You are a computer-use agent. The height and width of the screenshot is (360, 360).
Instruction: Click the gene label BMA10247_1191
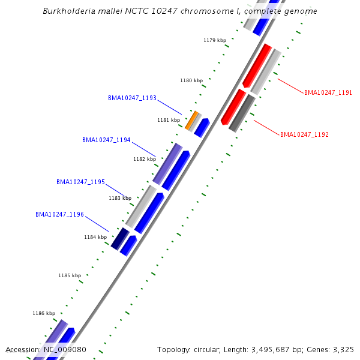pos(328,92)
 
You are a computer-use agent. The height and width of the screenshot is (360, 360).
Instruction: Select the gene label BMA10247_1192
pos(304,134)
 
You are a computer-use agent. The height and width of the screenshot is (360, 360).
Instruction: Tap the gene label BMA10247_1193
pos(132,98)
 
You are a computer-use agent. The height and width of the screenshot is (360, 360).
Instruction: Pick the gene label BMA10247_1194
pos(106,140)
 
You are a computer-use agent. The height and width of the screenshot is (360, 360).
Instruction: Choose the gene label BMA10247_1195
pos(80,182)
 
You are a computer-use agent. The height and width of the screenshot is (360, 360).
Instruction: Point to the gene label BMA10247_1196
pos(59,214)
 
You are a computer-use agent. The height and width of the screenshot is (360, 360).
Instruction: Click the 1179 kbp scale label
pos(215,40)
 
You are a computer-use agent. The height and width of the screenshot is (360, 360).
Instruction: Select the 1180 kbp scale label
pos(191,80)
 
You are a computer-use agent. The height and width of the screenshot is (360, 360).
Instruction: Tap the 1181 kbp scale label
pos(169,120)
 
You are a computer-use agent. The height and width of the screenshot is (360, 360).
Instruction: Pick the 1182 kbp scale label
pos(144,159)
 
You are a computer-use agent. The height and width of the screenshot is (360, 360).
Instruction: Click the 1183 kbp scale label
pos(120,198)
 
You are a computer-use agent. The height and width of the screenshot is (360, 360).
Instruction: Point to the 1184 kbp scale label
pos(95,237)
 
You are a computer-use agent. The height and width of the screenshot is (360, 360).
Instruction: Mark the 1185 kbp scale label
pos(70,275)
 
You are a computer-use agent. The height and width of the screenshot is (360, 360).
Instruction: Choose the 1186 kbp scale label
pos(44,313)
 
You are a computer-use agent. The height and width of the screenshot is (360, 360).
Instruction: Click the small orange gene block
pos(191,119)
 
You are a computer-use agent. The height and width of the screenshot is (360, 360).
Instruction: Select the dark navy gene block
pos(120,238)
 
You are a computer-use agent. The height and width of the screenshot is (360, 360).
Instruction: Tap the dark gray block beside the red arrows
pos(242,113)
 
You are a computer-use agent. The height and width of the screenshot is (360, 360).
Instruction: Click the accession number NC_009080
pos(65,349)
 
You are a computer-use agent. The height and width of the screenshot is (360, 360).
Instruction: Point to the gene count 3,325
pos(344,349)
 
